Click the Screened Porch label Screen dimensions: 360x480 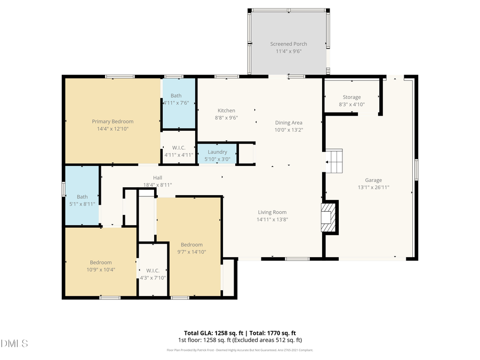coord(289,44)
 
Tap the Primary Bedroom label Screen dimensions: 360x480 coord(113,122)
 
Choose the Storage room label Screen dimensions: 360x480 coord(351,97)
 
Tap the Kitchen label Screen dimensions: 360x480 coord(226,110)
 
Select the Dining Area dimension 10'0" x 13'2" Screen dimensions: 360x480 coord(289,130)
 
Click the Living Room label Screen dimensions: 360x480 coord(273,212)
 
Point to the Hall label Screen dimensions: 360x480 coord(157,178)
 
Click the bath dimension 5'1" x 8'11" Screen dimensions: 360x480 coord(82,204)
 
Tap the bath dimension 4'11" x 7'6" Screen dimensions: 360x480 coord(176,103)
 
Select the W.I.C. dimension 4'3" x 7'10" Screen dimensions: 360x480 coord(153,277)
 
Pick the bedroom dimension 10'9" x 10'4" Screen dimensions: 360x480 coord(100,269)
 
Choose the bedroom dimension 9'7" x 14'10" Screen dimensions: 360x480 coord(191,252)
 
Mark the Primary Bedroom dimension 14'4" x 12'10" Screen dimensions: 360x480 coord(113,129)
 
